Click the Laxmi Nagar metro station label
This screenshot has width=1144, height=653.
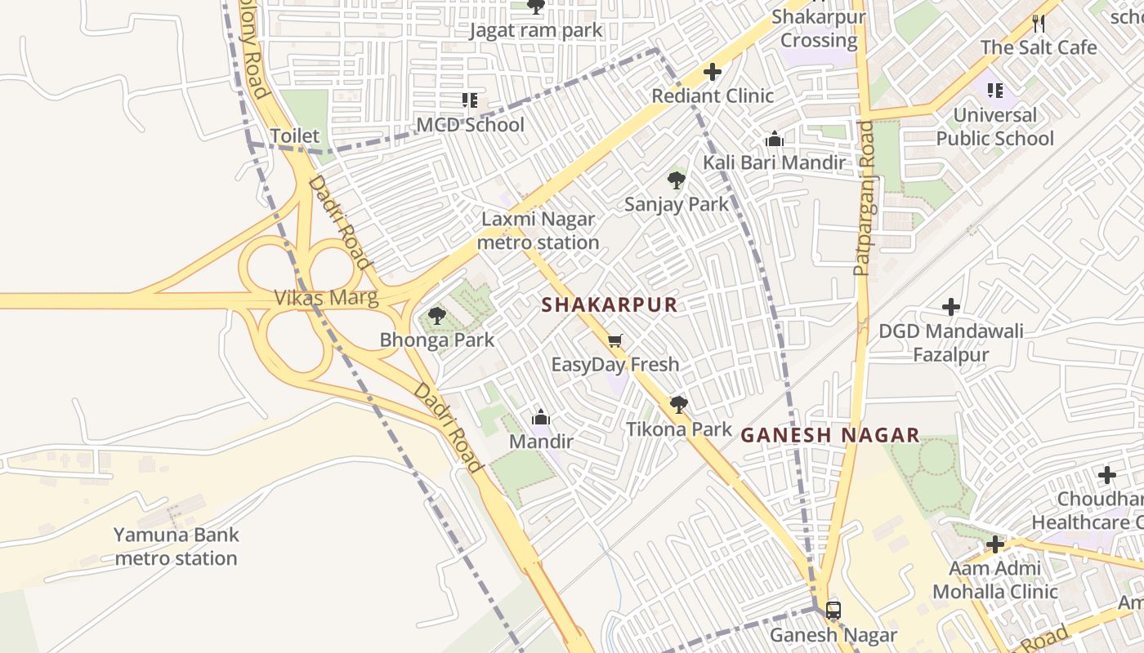pyautogui.click(x=538, y=231)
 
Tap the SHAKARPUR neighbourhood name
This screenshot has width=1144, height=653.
pyautogui.click(x=610, y=305)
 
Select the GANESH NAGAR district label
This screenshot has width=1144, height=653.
pyautogui.click(x=830, y=436)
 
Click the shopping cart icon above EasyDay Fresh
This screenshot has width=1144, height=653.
pyautogui.click(x=614, y=340)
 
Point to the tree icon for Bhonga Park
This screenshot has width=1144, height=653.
pyautogui.click(x=436, y=316)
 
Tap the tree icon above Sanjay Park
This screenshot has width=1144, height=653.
pyautogui.click(x=676, y=180)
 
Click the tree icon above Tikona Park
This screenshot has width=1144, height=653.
pyautogui.click(x=678, y=404)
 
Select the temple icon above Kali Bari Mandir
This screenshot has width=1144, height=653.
pyautogui.click(x=774, y=140)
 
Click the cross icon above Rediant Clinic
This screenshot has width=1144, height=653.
pyautogui.click(x=713, y=72)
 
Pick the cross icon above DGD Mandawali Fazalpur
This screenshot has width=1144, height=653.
pyautogui.click(x=950, y=307)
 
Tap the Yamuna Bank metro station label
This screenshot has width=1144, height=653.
pyautogui.click(x=176, y=547)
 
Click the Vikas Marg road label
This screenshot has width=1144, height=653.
pyautogui.click(x=326, y=298)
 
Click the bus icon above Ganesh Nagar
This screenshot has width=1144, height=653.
pyautogui.click(x=833, y=610)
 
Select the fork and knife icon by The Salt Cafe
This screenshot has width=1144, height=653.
pyautogui.click(x=1039, y=23)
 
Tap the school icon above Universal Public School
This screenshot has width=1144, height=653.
pyautogui.click(x=994, y=90)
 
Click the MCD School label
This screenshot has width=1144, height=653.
pyautogui.click(x=470, y=125)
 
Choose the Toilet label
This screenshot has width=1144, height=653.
pyautogui.click(x=294, y=135)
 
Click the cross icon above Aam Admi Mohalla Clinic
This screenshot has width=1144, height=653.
pyautogui.click(x=994, y=544)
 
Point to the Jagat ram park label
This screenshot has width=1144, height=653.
pyautogui.click(x=535, y=31)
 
